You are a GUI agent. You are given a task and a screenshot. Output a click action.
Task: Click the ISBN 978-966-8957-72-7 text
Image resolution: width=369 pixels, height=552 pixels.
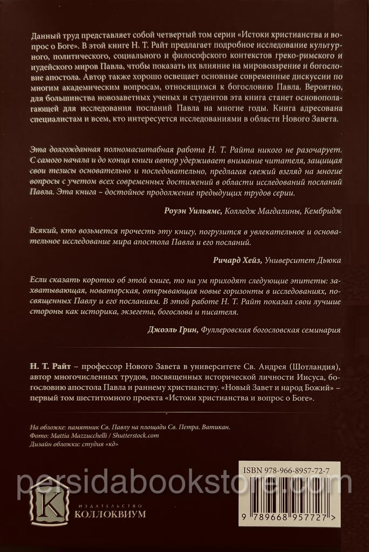tap(289, 470)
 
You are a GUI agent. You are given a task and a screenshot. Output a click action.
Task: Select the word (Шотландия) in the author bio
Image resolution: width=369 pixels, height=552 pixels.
tap(320, 367)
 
